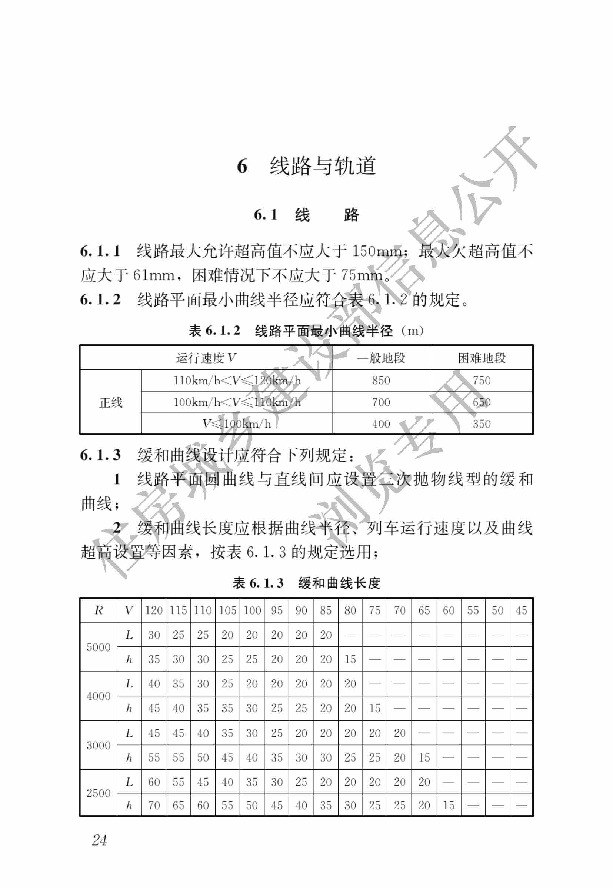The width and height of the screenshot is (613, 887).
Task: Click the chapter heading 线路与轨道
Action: (322, 166)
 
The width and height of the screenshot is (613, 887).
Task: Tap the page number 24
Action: (99, 840)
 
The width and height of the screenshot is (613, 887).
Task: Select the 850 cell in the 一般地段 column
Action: (381, 380)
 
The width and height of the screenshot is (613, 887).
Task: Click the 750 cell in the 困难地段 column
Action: (481, 380)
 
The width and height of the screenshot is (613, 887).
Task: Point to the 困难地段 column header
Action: (481, 358)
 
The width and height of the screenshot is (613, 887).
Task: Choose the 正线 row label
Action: (111, 402)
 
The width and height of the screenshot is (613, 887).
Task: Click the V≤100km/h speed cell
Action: (237, 424)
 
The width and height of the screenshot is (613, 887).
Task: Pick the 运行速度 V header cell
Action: (206, 358)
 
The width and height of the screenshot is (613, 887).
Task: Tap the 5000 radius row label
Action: (98, 647)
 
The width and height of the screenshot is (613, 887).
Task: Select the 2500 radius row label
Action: (98, 793)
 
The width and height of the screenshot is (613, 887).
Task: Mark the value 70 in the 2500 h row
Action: (154, 805)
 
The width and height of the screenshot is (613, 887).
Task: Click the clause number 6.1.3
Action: (100, 455)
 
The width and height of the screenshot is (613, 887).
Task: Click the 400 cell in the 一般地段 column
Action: (381, 424)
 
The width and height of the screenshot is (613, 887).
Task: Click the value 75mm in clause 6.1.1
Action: (361, 275)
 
